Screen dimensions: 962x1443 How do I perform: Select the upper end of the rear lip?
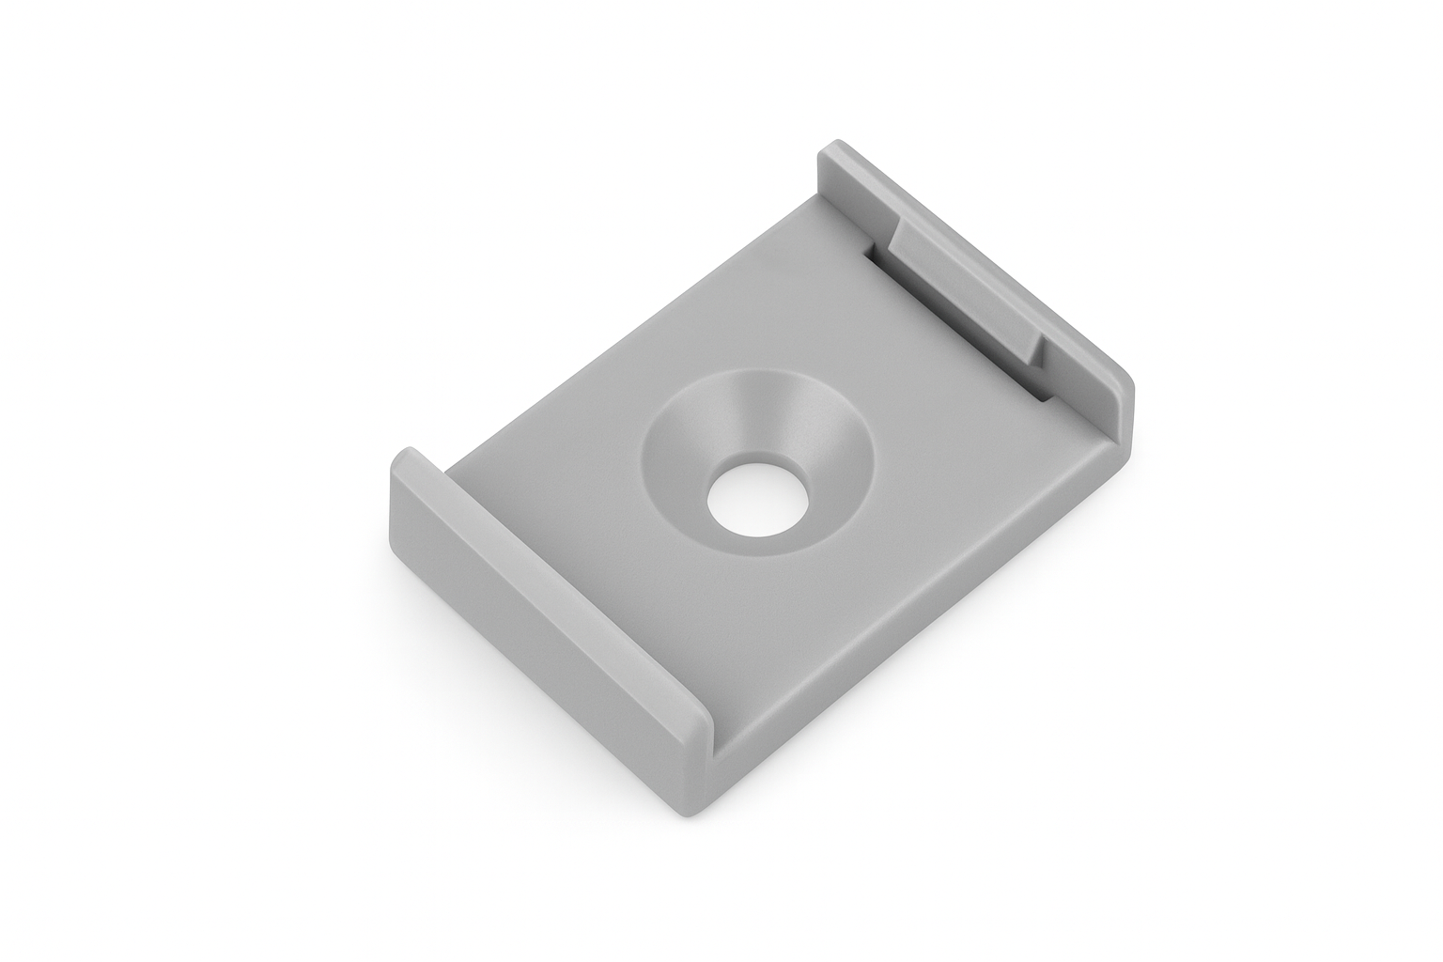point(830,155)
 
